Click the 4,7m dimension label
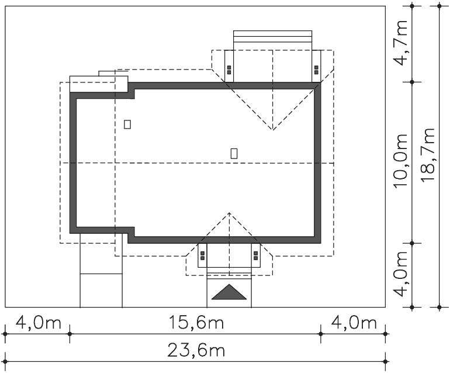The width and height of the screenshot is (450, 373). tap(401, 43)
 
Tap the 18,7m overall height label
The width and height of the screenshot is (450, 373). tap(428, 155)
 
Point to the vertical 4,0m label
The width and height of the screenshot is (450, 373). tap(401, 274)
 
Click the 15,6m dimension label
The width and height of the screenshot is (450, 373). tap(196, 322)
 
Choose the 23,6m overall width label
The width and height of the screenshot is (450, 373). tap(196, 350)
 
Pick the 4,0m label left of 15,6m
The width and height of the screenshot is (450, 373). tap(39, 322)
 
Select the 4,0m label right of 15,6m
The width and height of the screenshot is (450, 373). tap(354, 322)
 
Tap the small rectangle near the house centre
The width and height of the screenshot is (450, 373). tap(234, 153)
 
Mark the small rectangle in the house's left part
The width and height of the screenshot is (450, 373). tap(127, 125)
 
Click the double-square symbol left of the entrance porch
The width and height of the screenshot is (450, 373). tap(202, 255)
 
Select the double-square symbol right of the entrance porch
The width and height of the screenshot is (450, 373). tap(256, 255)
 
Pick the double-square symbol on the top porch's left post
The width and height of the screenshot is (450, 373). tap(229, 70)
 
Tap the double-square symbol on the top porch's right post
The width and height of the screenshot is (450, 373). tap(316, 70)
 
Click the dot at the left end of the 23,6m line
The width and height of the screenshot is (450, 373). tap(5, 361)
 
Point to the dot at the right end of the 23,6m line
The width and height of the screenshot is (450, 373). tap(386, 361)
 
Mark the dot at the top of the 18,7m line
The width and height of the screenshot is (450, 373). tap(439, 6)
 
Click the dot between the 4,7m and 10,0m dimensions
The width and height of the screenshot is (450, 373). tap(412, 82)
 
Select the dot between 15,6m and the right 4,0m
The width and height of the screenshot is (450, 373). tap(321, 334)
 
